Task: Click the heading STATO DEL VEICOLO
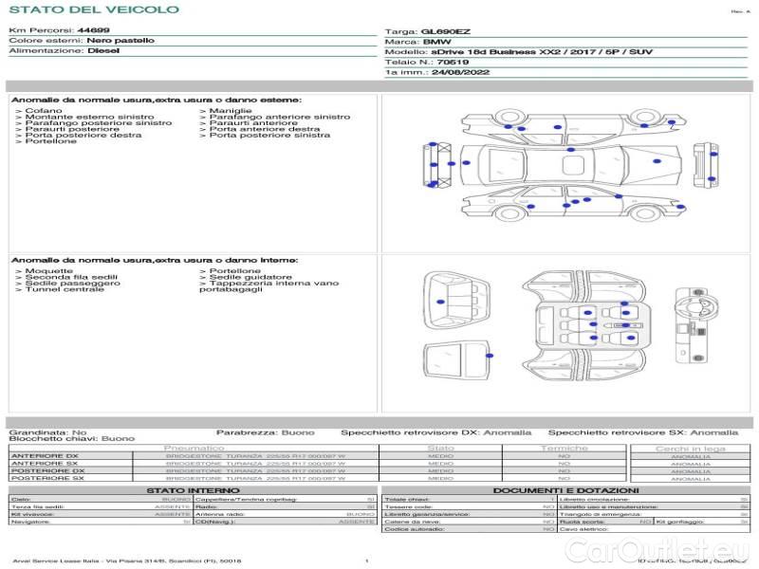(x=93, y=9)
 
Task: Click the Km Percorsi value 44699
(x=93, y=30)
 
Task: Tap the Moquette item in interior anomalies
(x=48, y=271)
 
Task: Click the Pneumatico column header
(x=194, y=448)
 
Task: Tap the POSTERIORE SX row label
(x=46, y=478)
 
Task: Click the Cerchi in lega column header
(x=690, y=449)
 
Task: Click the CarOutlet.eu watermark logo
(x=692, y=549)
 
